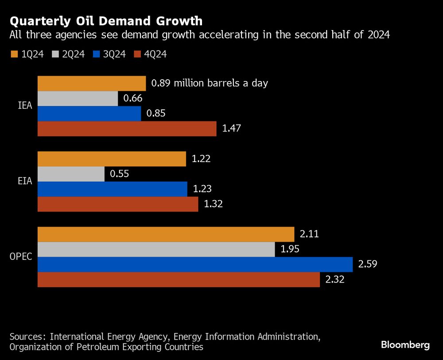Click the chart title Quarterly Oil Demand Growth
point(106,21)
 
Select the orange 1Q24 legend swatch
point(14,54)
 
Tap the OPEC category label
point(20,256)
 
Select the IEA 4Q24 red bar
point(127,129)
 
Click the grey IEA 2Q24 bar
point(78,99)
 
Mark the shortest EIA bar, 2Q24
point(71,174)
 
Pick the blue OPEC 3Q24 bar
point(195,264)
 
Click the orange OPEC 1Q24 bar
point(166,234)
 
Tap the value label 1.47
point(231,129)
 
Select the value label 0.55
point(119,174)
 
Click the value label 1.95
point(290,249)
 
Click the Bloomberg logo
point(405,345)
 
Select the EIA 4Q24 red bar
point(118,204)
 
